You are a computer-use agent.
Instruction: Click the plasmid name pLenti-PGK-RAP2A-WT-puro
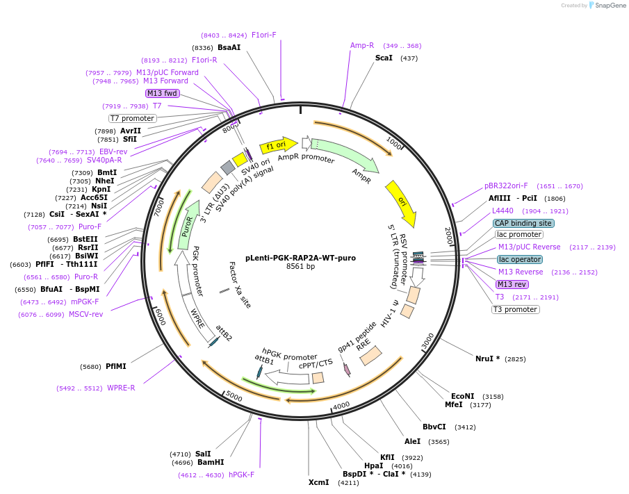coord(300,258)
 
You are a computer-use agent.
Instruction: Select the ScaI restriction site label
coord(384,58)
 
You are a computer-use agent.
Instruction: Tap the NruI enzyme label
coord(487,359)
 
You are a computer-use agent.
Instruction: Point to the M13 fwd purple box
coord(162,93)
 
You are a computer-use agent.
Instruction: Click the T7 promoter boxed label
coord(132,118)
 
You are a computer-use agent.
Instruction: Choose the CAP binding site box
coord(523,223)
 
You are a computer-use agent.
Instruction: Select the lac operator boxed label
coord(519,259)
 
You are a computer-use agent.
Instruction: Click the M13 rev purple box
coord(512,284)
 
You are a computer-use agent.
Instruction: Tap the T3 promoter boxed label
coord(515,309)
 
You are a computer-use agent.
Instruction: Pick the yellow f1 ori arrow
coord(274,146)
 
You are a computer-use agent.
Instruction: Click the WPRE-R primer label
coord(121,388)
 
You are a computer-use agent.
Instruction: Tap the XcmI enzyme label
coord(318,482)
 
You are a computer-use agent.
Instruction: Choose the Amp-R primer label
coord(362,45)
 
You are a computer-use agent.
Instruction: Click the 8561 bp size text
coord(300,267)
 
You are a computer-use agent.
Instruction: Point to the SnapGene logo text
coord(607,6)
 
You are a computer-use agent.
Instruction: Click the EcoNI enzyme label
coord(463,396)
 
